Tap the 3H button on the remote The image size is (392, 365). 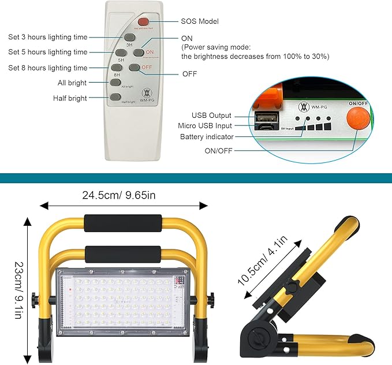pyautogui.click(x=129, y=38)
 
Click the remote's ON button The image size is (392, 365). pyautogui.click(x=138, y=52)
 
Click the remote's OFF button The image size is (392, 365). pyautogui.click(x=135, y=68)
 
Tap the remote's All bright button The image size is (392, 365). pyautogui.click(x=115, y=83)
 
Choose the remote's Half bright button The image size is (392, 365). pyautogui.click(x=115, y=97)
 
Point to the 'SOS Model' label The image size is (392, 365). pyautogui.click(x=200, y=21)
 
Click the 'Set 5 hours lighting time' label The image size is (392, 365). pyautogui.click(x=48, y=52)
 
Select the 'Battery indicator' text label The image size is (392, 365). pyautogui.click(x=207, y=136)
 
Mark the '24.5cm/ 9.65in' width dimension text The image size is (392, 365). pyautogui.click(x=119, y=195)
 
